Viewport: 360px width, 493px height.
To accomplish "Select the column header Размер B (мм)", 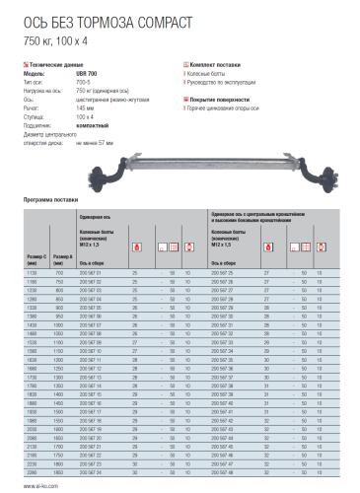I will tap(63, 260).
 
